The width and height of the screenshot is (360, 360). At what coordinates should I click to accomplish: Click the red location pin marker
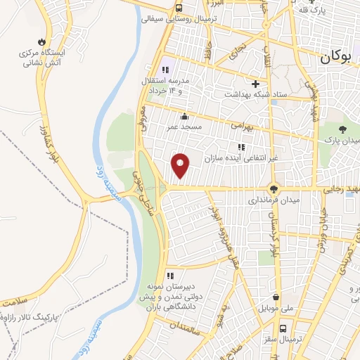(181, 165)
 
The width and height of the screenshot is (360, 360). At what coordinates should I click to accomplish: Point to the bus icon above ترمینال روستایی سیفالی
(180, 7)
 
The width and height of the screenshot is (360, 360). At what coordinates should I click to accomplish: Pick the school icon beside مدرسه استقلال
(167, 70)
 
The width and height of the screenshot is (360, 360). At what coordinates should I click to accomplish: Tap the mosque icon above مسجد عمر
(184, 116)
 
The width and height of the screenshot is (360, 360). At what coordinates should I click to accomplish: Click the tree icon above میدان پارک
(342, 129)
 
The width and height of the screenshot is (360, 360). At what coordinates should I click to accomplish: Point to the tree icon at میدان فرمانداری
(273, 188)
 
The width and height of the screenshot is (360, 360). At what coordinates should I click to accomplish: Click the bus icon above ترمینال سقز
(283, 328)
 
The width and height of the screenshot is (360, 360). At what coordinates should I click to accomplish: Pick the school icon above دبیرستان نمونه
(169, 276)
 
